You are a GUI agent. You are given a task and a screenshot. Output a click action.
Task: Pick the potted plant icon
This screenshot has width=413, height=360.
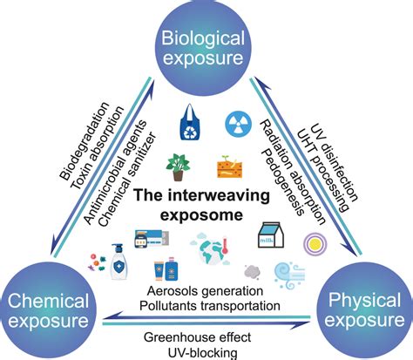(x=182, y=164)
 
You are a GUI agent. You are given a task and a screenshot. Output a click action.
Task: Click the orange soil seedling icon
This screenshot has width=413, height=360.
(x=227, y=165)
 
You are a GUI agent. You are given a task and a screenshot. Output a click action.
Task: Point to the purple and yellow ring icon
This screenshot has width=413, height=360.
(x=311, y=241)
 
